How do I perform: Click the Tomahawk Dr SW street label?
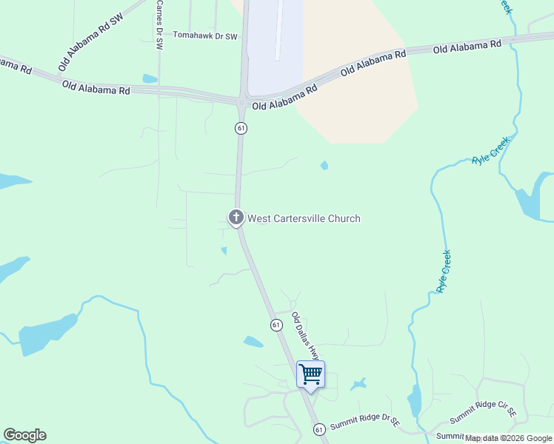coord(205,36)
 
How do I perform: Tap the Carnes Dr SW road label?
coord(159,24)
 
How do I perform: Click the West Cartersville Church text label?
coord(304,218)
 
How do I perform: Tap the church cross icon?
coord(236,218)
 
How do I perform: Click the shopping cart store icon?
coord(310,374)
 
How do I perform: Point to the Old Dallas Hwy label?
coord(304,337)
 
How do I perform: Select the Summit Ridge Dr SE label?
coord(365,423)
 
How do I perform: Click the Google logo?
coord(24,435)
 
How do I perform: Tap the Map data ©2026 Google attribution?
coord(509,438)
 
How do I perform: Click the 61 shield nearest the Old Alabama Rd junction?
coord(241,128)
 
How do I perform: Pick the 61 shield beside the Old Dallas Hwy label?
coord(276,325)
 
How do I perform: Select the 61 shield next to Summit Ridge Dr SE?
coord(319,429)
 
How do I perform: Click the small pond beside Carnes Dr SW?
coord(150,78)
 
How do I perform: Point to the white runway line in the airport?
coord(280,30)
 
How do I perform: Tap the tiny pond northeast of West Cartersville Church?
coord(324,166)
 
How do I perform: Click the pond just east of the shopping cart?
coord(359,385)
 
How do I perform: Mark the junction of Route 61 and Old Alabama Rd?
coord(242,101)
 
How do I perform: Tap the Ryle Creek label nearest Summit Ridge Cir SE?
coord(444,271)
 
